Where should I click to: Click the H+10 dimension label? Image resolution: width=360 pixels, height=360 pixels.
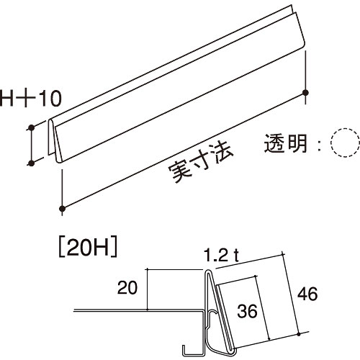coord(31,98)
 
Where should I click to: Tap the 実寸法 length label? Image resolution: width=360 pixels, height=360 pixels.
coord(201,163)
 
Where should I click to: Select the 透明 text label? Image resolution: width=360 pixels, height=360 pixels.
coord(286,143)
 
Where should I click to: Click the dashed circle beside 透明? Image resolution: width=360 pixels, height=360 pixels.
coord(346,143)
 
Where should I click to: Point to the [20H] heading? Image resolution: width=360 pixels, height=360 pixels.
coord(88,248)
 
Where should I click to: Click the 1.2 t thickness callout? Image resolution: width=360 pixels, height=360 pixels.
coord(221,256)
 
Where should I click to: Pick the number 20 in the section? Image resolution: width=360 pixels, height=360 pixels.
coord(127,287)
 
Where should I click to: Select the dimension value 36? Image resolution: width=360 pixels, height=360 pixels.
coord(247,311)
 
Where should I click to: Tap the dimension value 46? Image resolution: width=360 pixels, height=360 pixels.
coord(307,294)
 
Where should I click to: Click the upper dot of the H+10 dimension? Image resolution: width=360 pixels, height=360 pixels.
coord(31,127)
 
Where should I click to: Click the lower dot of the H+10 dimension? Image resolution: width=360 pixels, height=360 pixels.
coord(31,163)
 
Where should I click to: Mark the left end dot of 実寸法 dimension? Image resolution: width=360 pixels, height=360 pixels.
coord(63,209)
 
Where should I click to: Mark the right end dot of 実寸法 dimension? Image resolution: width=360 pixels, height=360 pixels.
coord(305,92)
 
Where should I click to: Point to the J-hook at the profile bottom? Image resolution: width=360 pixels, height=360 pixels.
coord(192,351)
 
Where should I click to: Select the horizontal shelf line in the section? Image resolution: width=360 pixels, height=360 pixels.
coord(139,311)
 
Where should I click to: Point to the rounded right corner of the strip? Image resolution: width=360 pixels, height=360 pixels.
coord(303,45)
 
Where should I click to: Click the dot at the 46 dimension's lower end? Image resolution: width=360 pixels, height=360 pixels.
coord(299,334)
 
